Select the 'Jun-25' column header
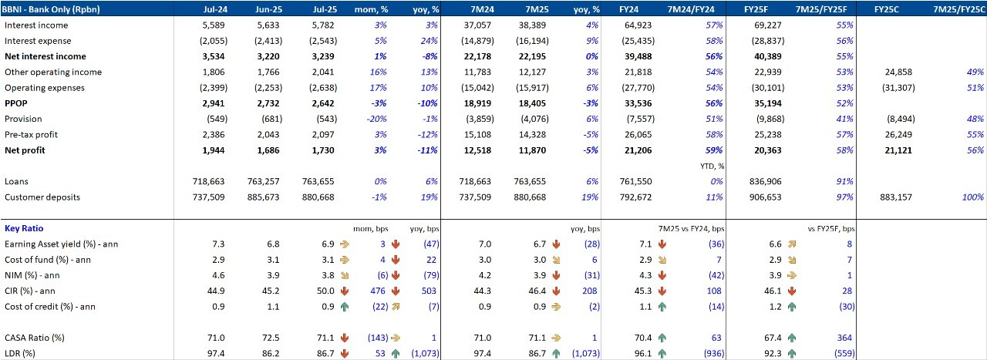(268, 9)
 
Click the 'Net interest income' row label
(45, 56)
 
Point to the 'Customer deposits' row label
(43, 197)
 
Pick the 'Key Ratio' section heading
(24, 229)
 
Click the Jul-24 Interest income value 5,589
(211, 25)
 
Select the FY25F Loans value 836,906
(763, 182)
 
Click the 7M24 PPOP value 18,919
(477, 103)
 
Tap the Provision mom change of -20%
(376, 119)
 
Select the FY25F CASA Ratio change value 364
(843, 338)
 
